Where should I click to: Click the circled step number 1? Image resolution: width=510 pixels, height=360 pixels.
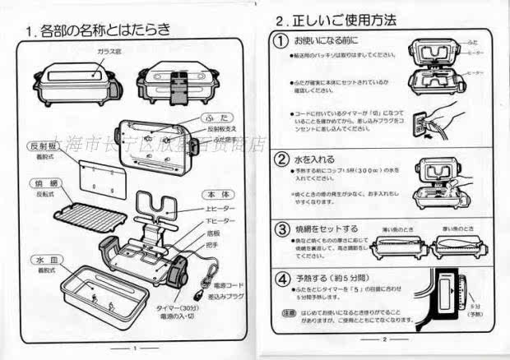281,40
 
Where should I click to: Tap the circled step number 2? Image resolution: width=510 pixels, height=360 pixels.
281,158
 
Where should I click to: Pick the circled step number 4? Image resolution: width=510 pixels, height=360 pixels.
281,279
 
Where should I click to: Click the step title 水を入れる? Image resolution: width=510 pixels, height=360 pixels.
317,158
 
